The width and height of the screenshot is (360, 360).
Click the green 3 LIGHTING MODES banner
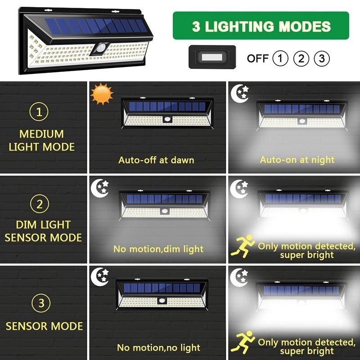pyautogui.click(x=261, y=26)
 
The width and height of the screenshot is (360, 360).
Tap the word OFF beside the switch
pyautogui.click(x=257, y=58)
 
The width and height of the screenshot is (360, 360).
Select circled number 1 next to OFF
pyautogui.click(x=280, y=58)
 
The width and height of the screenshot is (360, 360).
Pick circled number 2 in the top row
pyautogui.click(x=301, y=58)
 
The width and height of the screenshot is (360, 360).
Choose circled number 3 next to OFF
pyautogui.click(x=321, y=58)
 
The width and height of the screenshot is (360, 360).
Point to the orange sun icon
pyautogui.click(x=101, y=93)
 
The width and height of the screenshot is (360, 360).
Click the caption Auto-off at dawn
pyautogui.click(x=156, y=160)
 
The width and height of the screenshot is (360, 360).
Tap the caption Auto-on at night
pyautogui.click(x=297, y=160)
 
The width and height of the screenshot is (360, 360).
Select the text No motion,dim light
pyautogui.click(x=158, y=248)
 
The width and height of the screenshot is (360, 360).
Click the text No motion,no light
pyautogui.click(x=158, y=347)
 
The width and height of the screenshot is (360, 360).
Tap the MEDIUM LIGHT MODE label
pyautogui.click(x=42, y=140)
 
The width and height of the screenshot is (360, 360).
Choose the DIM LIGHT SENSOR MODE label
pyautogui.click(x=43, y=231)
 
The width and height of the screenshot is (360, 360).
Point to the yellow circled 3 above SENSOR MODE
pyautogui.click(x=41, y=303)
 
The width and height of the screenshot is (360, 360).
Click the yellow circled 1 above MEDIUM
pyautogui.click(x=39, y=112)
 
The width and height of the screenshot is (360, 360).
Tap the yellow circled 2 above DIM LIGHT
pyautogui.click(x=40, y=203)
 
